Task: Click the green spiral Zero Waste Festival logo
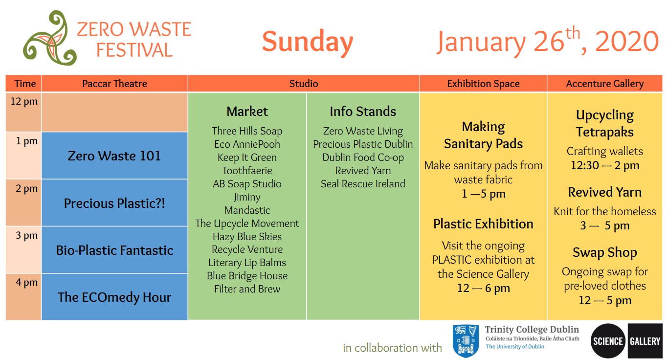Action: click(50, 38)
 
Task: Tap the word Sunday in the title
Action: click(308, 42)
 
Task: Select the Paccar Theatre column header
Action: click(114, 84)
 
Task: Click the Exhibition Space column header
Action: click(483, 84)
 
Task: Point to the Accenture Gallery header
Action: click(605, 84)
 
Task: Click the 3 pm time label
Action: click(26, 235)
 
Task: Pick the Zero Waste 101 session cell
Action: click(114, 156)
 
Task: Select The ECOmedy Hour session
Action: click(114, 297)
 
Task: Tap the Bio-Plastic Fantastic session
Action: click(114, 250)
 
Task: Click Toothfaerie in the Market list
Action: click(247, 170)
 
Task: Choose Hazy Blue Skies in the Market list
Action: click(247, 236)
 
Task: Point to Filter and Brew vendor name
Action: click(247, 289)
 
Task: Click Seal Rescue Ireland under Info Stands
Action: click(363, 183)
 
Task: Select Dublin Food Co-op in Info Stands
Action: click(363, 157)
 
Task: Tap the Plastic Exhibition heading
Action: click(483, 224)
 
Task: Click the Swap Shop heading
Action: click(605, 252)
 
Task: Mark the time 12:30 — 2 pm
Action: click(605, 165)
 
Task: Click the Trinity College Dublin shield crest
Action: click(466, 341)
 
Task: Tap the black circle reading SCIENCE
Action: click(608, 341)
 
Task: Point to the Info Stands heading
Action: click(363, 111)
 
